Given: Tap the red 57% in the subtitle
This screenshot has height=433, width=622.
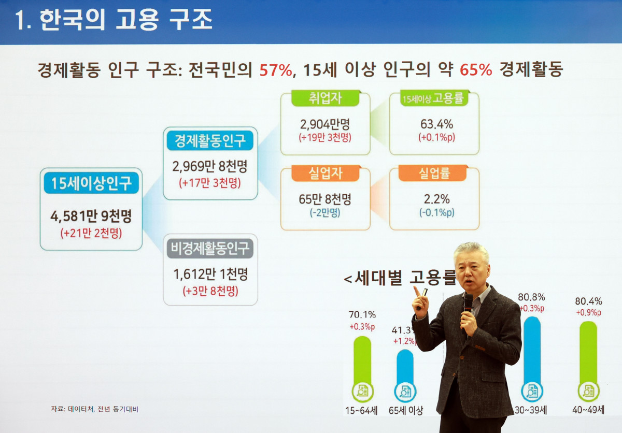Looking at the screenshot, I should pyautogui.click(x=276, y=70).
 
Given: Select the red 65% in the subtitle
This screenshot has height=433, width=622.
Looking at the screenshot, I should pyautogui.click(x=475, y=70).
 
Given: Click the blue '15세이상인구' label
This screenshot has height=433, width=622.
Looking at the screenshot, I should pyautogui.click(x=91, y=183).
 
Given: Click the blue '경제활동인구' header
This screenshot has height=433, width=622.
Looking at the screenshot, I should pyautogui.click(x=210, y=140).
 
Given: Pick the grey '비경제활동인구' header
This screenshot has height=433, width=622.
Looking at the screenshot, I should pyautogui.click(x=210, y=248).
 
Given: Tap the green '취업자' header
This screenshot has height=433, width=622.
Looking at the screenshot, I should pyautogui.click(x=325, y=98).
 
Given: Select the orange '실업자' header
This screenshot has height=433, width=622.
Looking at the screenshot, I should pyautogui.click(x=325, y=173).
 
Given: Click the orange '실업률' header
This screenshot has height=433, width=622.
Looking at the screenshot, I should pyautogui.click(x=434, y=173).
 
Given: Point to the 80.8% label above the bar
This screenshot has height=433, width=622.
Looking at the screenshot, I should pyautogui.click(x=531, y=297).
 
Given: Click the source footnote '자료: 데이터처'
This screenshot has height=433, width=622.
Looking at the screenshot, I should pyautogui.click(x=73, y=409).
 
